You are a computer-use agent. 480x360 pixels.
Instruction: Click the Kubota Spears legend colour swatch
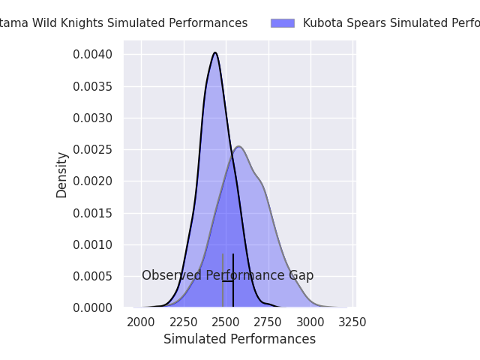pos(283,23)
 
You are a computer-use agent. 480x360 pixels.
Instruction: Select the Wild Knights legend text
pos(124,23)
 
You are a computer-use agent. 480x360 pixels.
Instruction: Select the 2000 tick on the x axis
pos(141,322)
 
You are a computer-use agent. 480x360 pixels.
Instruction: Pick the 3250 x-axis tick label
pos(352,322)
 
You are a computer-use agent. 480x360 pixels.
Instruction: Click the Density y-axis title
pos(62,175)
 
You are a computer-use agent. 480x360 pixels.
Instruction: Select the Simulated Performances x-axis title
pos(239,339)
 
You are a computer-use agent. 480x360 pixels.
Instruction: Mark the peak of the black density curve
pos(215,52)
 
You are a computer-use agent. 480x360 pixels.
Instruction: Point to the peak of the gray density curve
pos(238,146)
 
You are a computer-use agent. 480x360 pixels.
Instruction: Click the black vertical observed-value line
pos(233,292)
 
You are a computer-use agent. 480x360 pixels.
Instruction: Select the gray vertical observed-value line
pos(223,292)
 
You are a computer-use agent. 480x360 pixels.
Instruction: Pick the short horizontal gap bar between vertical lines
pos(228,281)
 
